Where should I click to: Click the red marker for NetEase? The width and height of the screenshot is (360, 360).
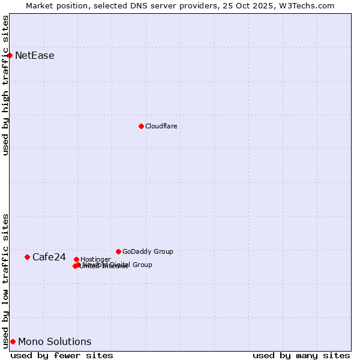point(10,55)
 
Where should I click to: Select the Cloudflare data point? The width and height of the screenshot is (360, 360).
point(141,126)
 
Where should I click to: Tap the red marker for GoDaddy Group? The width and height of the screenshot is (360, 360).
point(118,251)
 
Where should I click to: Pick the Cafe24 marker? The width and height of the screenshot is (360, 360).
point(27,257)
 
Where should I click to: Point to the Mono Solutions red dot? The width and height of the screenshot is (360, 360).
point(13,341)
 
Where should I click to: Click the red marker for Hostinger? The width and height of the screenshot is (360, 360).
point(76,259)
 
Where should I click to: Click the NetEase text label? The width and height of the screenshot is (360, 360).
point(35,56)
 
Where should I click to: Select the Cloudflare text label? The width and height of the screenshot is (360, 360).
point(161,126)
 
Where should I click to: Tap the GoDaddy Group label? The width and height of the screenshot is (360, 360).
point(148,251)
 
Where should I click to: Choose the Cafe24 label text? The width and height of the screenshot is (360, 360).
point(49,257)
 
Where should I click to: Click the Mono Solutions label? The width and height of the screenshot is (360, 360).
point(55,342)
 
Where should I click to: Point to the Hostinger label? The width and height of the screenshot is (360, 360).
point(95,259)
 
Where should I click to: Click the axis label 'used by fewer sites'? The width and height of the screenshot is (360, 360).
point(62,355)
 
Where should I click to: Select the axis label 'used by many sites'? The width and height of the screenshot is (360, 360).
point(301,355)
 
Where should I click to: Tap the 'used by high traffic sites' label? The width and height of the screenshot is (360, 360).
point(6,85)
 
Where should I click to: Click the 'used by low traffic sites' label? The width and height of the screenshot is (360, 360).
point(6,280)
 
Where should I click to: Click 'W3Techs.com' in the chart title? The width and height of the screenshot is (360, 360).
point(310,5)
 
